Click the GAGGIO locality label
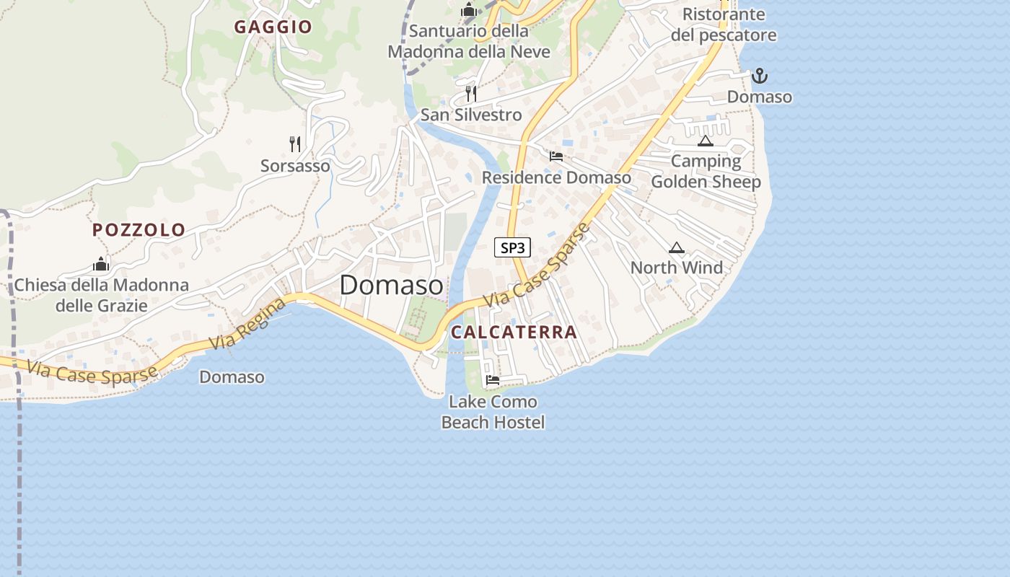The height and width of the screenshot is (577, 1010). [x=273, y=27]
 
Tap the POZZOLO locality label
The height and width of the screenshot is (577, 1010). [x=139, y=230]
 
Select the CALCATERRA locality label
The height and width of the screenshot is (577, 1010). [x=514, y=332]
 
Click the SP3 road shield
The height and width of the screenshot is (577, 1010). [x=512, y=248]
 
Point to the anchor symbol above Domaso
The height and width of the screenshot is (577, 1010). [x=759, y=76]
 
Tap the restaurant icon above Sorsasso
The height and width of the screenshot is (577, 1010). [x=295, y=144]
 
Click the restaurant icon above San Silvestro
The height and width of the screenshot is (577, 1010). [x=471, y=93]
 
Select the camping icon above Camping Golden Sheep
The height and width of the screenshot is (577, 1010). [x=705, y=141]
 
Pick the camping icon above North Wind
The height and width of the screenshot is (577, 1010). [x=676, y=247]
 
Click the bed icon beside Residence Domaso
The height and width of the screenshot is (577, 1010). [x=556, y=156]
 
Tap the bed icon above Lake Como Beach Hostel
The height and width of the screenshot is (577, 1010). [x=493, y=379]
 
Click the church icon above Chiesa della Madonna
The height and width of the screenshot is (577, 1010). [x=101, y=264]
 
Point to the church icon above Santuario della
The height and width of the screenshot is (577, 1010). [x=469, y=10]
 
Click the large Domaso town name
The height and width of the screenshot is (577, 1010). [x=391, y=285]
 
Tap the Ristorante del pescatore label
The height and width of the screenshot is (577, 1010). [x=724, y=25]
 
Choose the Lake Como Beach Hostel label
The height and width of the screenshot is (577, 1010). [x=493, y=412]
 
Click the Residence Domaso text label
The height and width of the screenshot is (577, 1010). [x=556, y=177]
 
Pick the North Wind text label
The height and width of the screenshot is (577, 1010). [x=676, y=268]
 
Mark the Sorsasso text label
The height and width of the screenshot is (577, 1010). [x=295, y=166]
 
